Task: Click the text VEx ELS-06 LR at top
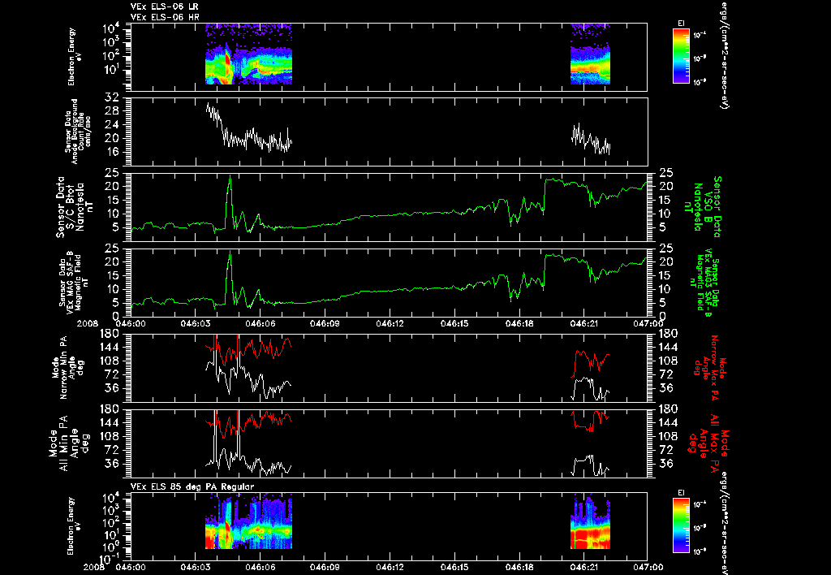click(x=164, y=6)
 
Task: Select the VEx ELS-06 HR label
click(x=164, y=15)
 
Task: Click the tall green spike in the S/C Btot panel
click(x=230, y=182)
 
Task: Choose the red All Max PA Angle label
click(x=714, y=443)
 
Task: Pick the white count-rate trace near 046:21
click(x=591, y=140)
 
